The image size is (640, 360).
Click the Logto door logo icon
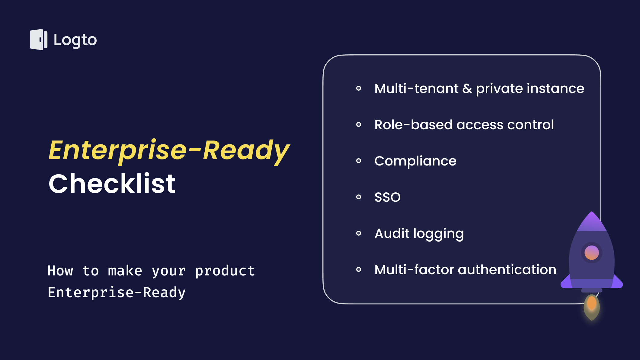[x=39, y=40]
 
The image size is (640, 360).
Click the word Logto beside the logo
[x=75, y=40]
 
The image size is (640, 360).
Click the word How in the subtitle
[x=60, y=271]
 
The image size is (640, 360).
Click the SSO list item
[x=387, y=197]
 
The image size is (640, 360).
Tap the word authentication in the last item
[x=507, y=269]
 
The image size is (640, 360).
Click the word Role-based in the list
[x=413, y=124]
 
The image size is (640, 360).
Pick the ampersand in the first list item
[x=467, y=88]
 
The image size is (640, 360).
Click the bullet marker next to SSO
[x=359, y=197]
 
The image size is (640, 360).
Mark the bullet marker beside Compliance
[x=359, y=161]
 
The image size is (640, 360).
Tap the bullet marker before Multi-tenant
[x=359, y=88]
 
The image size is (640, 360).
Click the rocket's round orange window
[x=592, y=253]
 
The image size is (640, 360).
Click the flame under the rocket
[x=592, y=307]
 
